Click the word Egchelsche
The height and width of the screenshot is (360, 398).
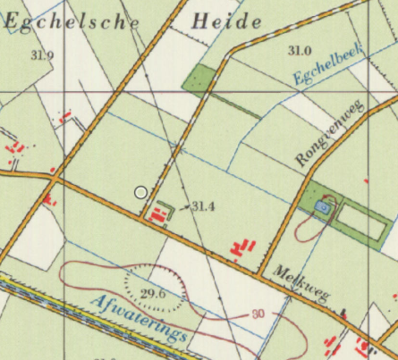pos(72,21)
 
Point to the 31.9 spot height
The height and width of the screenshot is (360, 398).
pos(41,55)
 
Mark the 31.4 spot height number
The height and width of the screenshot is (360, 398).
pos(204,207)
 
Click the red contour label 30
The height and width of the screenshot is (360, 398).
pos(258,314)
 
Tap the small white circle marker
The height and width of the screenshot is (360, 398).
pos(140,192)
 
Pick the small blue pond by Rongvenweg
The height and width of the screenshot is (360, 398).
pos(322,207)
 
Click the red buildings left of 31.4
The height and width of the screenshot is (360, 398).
pos(160,213)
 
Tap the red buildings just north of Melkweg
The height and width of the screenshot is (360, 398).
pos(243,247)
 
